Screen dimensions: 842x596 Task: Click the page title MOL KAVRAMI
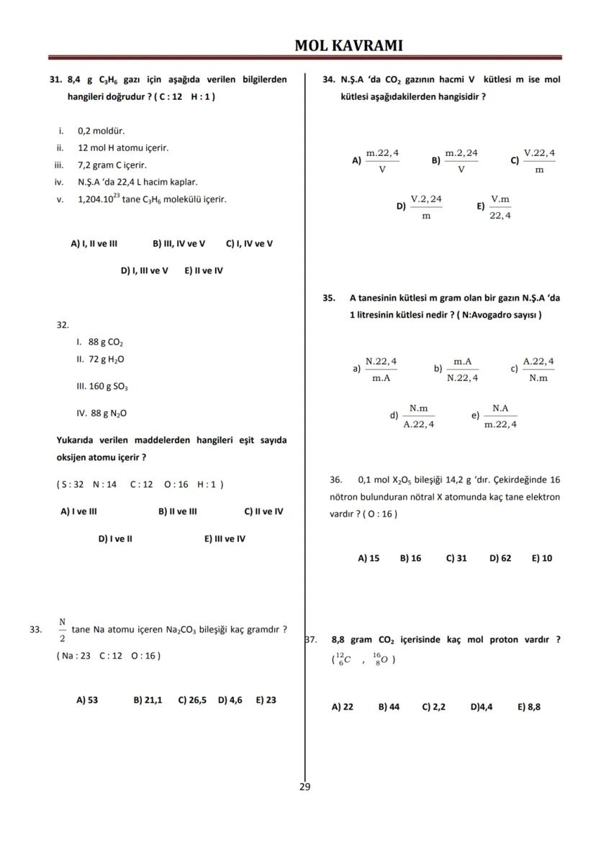tap(348, 46)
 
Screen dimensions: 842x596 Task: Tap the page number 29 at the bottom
tap(304, 787)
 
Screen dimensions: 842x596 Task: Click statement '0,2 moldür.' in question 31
tap(101, 131)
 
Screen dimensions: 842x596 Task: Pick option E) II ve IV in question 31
tap(204, 271)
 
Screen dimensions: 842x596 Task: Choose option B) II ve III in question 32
tap(178, 512)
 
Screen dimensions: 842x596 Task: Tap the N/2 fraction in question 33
tap(63, 629)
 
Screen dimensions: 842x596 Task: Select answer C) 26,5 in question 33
tap(192, 699)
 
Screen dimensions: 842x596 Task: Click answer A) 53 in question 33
tap(87, 699)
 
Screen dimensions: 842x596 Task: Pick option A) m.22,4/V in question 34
tap(375, 161)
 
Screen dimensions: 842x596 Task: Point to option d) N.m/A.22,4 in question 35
tap(412, 416)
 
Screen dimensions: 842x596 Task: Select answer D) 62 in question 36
tap(500, 558)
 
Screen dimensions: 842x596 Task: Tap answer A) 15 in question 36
tap(369, 558)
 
